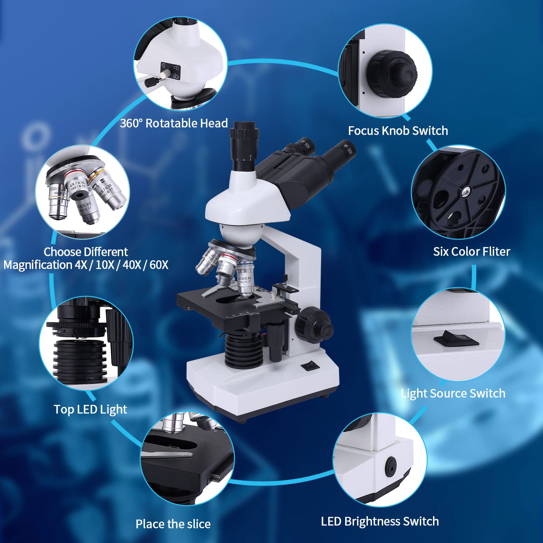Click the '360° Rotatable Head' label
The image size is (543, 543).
coord(174,123)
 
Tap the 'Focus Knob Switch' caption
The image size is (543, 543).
coord(398,131)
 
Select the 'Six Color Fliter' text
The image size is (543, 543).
coord(471,251)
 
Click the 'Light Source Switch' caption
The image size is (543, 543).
coord(453,393)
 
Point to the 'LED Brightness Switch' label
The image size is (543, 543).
coord(380,521)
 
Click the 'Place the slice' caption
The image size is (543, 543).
coord(173,524)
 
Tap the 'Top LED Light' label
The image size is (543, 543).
coord(90,409)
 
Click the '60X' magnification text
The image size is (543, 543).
coord(159,265)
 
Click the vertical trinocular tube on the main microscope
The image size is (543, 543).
coord(243,149)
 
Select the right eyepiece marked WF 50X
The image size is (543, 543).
coord(341,153)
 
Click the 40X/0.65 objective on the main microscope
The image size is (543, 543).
coord(245,278)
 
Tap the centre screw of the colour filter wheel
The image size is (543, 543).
coord(465,193)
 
